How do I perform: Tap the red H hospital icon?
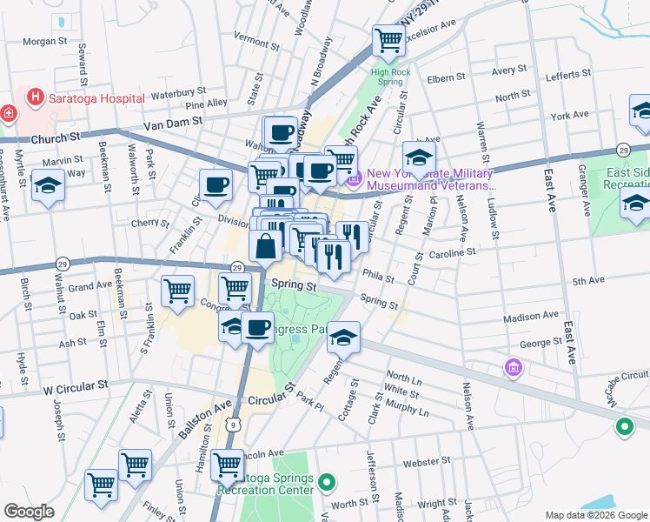[36, 97]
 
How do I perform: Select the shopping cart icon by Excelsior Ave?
[388, 39]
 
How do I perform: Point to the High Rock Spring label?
[389, 77]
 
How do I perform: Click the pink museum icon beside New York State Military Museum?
[353, 180]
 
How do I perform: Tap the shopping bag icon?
[265, 246]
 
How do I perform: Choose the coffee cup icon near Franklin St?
[216, 184]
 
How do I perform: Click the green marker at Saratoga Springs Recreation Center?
[326, 481]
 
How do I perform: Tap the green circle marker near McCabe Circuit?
[623, 426]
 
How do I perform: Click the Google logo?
[29, 512]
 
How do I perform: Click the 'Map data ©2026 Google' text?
[595, 515]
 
